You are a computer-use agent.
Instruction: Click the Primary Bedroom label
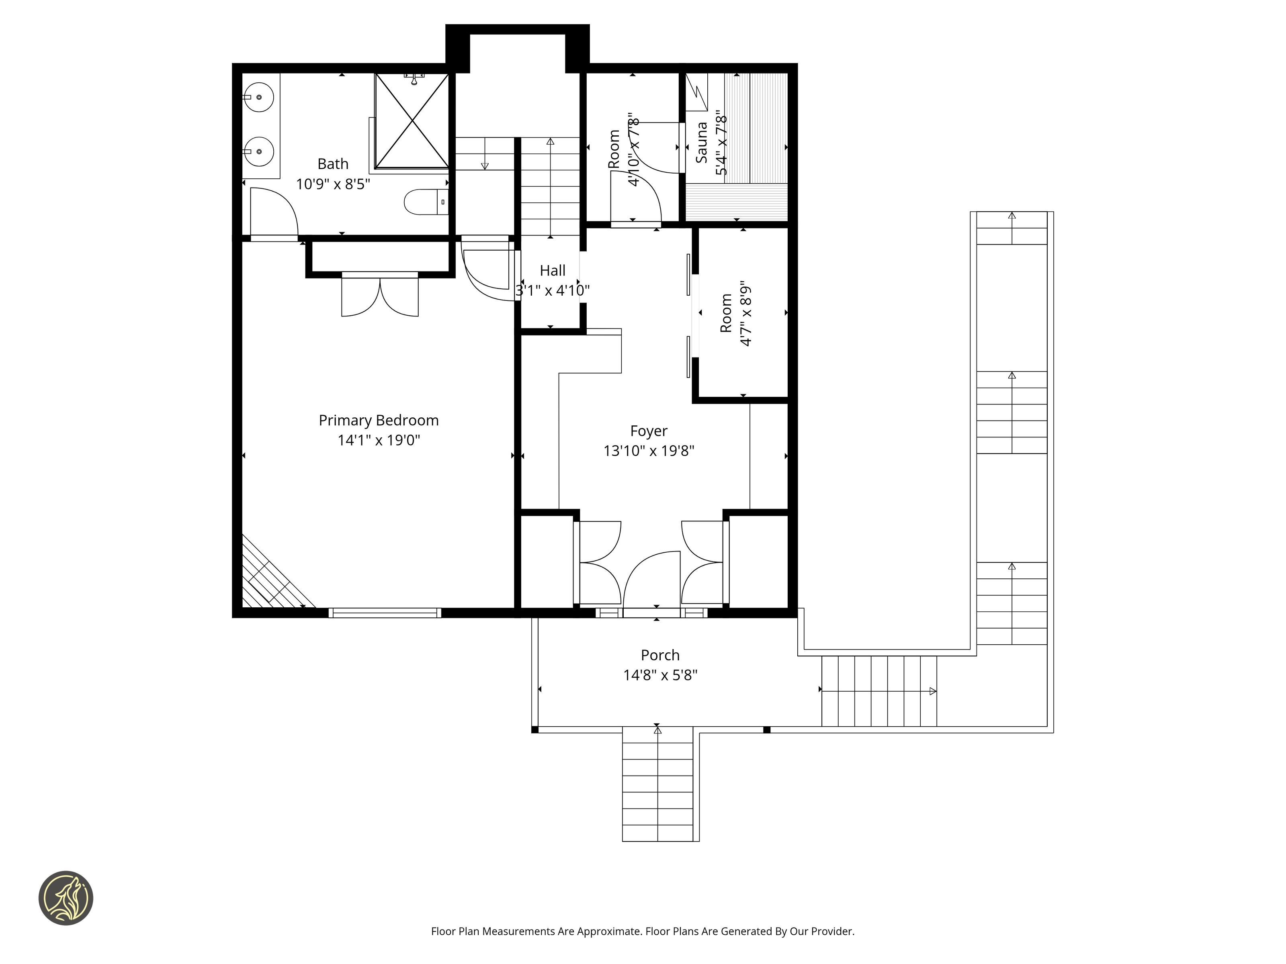pos(379,421)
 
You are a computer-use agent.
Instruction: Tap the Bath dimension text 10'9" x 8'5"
pos(333,184)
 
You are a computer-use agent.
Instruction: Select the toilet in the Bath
pos(426,202)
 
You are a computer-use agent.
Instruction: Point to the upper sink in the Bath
pos(258,97)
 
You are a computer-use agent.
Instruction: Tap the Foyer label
pos(649,431)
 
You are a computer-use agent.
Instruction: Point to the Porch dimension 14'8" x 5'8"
pos(660,675)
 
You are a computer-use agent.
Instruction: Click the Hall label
pos(552,271)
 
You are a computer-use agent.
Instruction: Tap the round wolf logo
pos(66,898)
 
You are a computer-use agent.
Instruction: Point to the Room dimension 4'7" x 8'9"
pos(746,314)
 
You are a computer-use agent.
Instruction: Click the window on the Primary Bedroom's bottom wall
pos(385,613)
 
